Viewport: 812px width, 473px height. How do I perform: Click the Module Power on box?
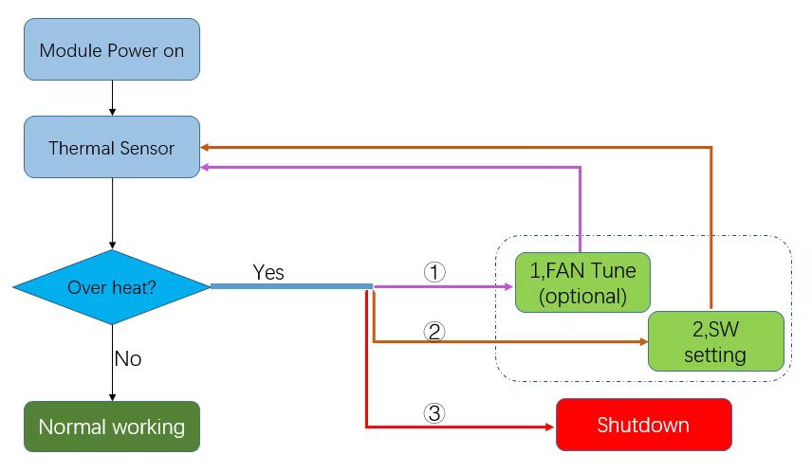[x=112, y=49]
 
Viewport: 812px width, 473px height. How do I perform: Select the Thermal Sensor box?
[x=112, y=147]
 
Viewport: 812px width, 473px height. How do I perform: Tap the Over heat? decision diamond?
[x=112, y=286]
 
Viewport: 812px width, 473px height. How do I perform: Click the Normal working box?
[x=112, y=427]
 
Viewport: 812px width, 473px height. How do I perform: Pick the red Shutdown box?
[x=643, y=425]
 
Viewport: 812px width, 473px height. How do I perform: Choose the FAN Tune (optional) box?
[x=582, y=282]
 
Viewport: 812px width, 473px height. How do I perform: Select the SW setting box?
[x=715, y=341]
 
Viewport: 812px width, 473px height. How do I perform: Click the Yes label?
[x=268, y=273]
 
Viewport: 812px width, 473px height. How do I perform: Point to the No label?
[x=128, y=358]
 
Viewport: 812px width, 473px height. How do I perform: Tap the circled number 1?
[x=434, y=272]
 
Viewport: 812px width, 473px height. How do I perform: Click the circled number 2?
[x=434, y=332]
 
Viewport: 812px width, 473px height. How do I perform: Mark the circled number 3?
[x=434, y=413]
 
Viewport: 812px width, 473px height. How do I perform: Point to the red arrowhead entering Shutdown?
[x=549, y=427]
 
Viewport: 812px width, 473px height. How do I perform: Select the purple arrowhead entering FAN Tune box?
[x=509, y=286]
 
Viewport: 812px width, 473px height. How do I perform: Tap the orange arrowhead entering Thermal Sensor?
[x=207, y=147]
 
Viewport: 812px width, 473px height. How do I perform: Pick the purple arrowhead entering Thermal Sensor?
[x=207, y=167]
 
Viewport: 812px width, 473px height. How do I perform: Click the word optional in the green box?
[x=582, y=296]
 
